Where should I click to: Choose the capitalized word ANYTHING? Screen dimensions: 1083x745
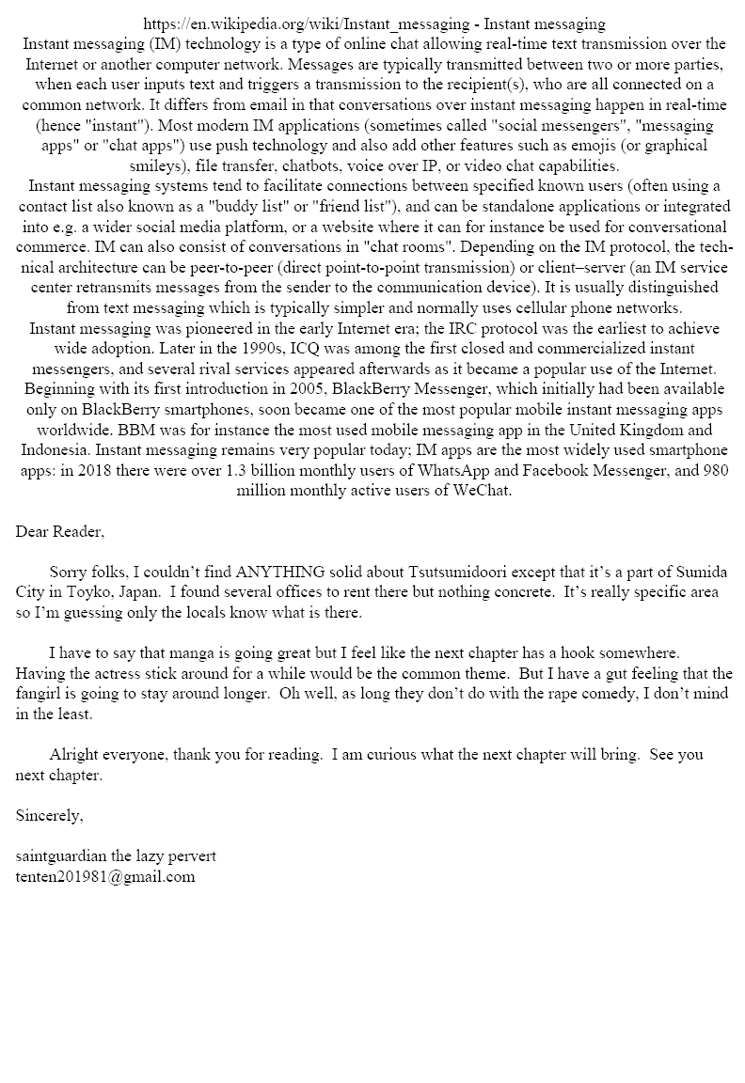tap(281, 573)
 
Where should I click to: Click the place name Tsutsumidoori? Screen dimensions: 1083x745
tap(456, 573)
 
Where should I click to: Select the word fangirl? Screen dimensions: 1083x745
tap(40, 694)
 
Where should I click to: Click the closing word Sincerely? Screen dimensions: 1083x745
tap(49, 816)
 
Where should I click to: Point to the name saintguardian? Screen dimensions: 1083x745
tap(64, 856)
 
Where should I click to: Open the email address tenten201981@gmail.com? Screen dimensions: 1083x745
tap(105, 877)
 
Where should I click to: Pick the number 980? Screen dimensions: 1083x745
tap(713, 471)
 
